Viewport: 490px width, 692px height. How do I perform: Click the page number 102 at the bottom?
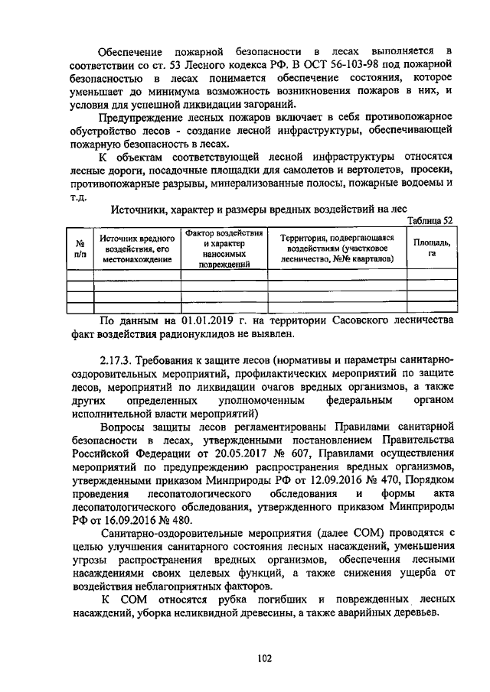coord(265,656)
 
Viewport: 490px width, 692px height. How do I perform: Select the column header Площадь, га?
coord(431,248)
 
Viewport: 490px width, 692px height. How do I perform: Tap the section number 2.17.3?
coord(119,360)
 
